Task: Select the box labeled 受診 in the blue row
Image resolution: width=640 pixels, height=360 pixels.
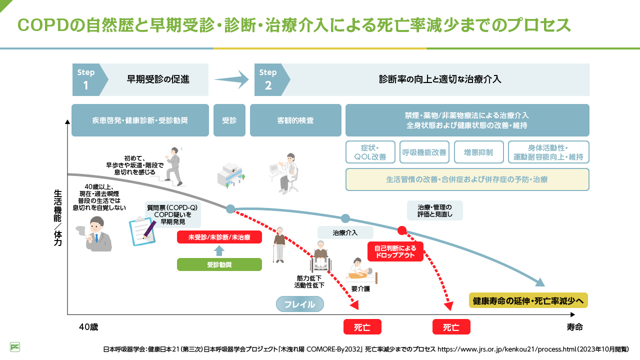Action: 229,120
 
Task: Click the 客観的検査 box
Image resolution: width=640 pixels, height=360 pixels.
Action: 295,120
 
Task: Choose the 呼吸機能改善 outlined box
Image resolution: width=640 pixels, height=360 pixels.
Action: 424,152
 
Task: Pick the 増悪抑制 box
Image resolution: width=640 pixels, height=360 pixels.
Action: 478,152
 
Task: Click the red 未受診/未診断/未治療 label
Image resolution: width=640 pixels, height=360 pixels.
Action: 219,237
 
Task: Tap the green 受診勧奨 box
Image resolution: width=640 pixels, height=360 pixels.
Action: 219,264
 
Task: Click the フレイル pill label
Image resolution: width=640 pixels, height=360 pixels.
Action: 300,304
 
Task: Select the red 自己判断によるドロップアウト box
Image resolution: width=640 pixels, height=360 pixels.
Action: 395,251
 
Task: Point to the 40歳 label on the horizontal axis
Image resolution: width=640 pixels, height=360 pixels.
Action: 88,327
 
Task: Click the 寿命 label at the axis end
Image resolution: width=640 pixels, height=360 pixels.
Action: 574,327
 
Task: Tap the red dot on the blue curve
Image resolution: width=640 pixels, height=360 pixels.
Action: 401,230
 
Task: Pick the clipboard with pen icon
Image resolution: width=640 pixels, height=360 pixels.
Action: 142,230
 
